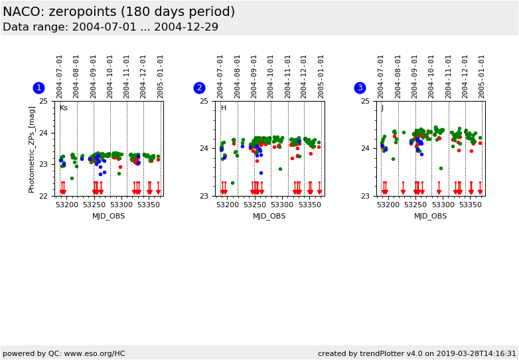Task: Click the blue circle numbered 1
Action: click(38, 88)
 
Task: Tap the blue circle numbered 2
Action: click(199, 88)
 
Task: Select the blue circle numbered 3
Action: click(360, 88)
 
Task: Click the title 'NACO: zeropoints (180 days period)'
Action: click(119, 12)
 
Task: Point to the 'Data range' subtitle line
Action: click(110, 27)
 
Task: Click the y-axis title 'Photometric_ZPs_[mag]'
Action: click(32, 149)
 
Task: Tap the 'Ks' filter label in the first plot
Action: click(64, 108)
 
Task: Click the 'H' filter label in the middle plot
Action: click(224, 108)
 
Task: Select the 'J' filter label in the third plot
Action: click(382, 108)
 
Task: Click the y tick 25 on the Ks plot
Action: click(43, 102)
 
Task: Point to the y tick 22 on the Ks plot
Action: click(43, 196)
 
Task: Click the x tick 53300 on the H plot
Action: click(282, 205)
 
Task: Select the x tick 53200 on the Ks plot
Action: click(66, 205)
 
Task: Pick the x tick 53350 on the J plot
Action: click(471, 205)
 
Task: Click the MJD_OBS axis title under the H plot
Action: click(269, 216)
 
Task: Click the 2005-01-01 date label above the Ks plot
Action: click(161, 76)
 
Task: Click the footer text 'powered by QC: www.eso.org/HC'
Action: click(64, 354)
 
